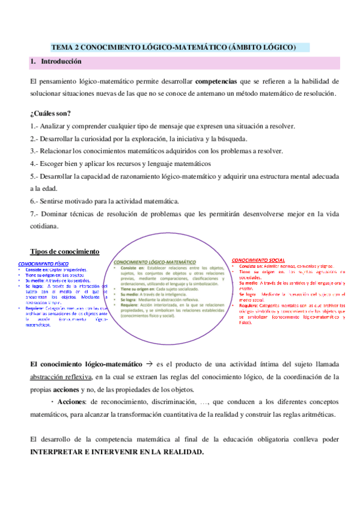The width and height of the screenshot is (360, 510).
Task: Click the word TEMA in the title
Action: coord(61,46)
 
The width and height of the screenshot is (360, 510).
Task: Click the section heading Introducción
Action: coord(61,62)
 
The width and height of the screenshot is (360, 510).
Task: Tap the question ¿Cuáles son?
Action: coord(49,113)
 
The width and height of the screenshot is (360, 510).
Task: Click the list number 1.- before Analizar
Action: coord(35,126)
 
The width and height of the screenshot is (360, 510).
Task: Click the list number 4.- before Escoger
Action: coord(35,164)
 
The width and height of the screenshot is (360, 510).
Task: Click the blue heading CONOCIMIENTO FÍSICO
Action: coord(43,263)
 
